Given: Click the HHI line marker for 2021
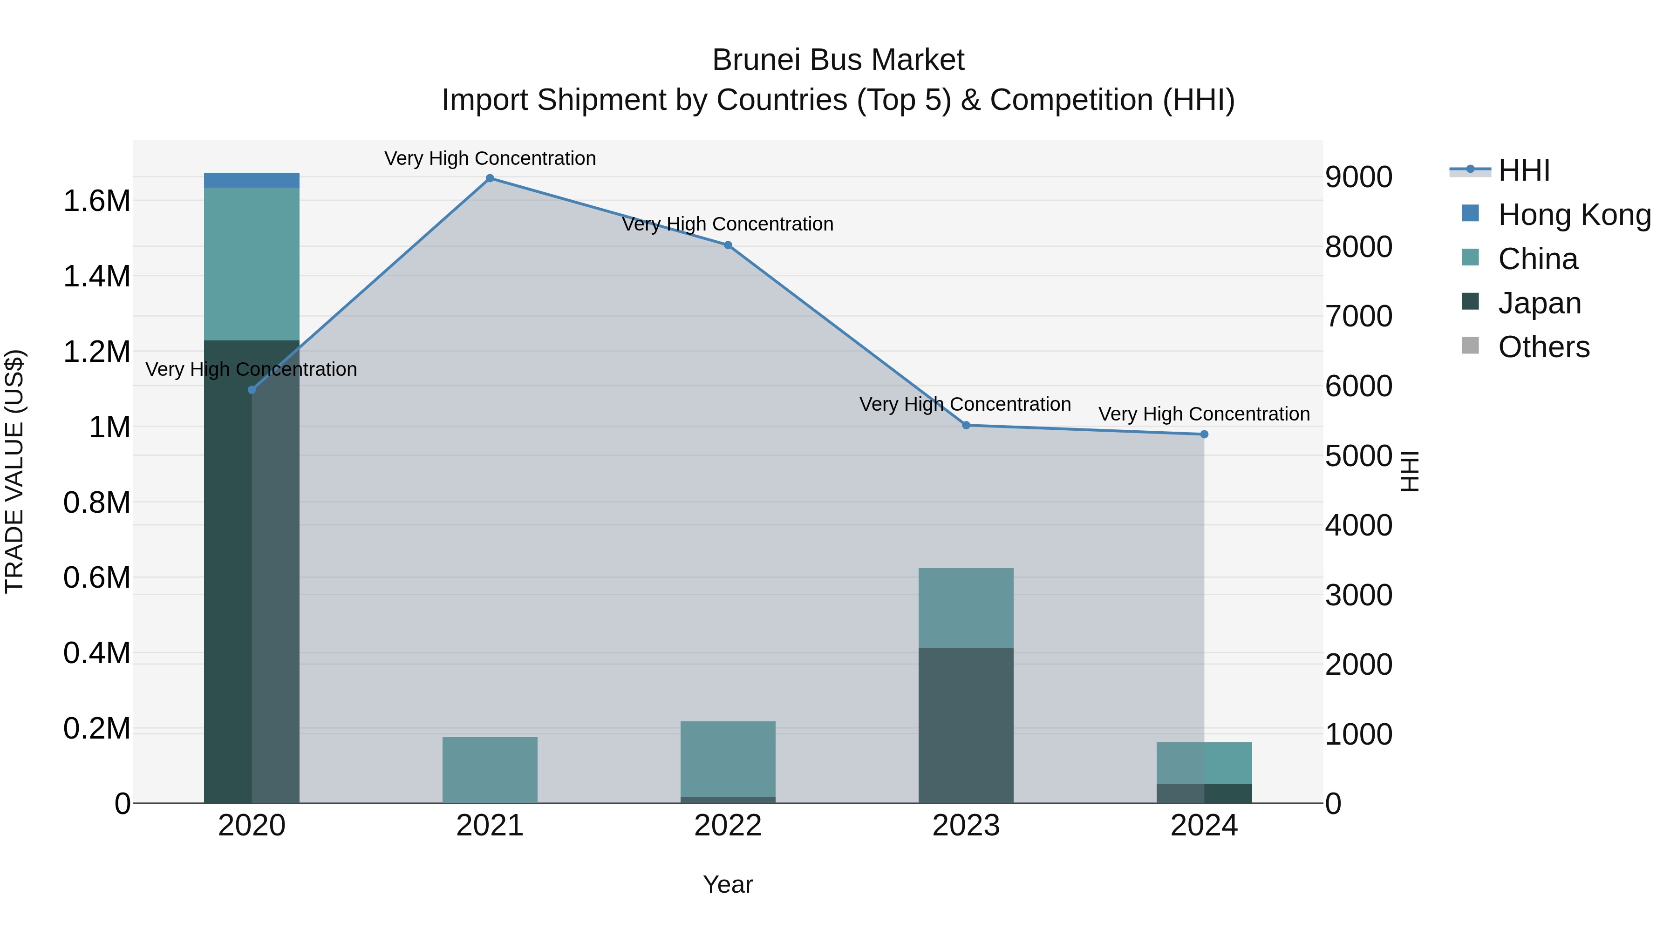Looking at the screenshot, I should coord(490,178).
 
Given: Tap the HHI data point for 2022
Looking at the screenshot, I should coord(728,245).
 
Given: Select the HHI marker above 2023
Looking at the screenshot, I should coord(966,425).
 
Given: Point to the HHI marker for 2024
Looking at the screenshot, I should coord(1204,434).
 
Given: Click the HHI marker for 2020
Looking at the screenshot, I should coord(252,390).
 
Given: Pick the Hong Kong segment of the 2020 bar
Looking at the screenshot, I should coord(252,180).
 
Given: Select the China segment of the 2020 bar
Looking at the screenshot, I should coord(252,264).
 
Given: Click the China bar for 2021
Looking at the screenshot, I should coord(490,770).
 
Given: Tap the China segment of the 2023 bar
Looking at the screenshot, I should coord(966,608).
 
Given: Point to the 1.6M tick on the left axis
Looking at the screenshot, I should coord(97,201).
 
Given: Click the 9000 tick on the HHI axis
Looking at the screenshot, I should coord(1359,177).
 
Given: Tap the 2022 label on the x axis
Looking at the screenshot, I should coord(728,826).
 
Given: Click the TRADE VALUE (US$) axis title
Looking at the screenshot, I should coord(14,471).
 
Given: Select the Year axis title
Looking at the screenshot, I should coord(728,884).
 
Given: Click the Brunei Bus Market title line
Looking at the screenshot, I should coord(838,60).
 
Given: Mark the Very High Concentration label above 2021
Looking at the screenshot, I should coord(490,158).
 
